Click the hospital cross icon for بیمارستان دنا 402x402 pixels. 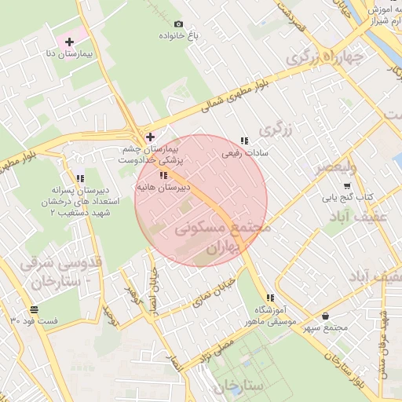(x=69, y=41)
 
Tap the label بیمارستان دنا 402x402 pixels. (x=69, y=53)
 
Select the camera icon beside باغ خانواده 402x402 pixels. (x=178, y=25)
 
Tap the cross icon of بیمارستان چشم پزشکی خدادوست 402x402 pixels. (x=150, y=137)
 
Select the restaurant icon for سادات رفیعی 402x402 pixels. (x=244, y=141)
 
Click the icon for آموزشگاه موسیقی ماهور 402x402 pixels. (x=270, y=298)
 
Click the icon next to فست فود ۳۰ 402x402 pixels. (x=33, y=309)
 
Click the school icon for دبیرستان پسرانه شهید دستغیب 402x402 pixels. (x=80, y=179)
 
